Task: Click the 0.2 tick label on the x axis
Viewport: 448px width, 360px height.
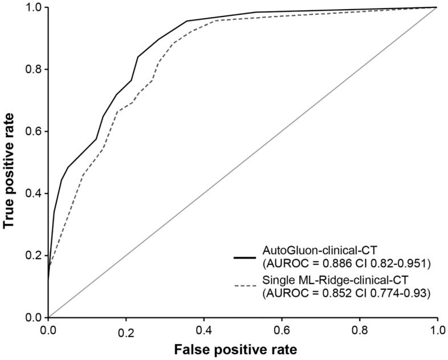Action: tap(126, 329)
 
